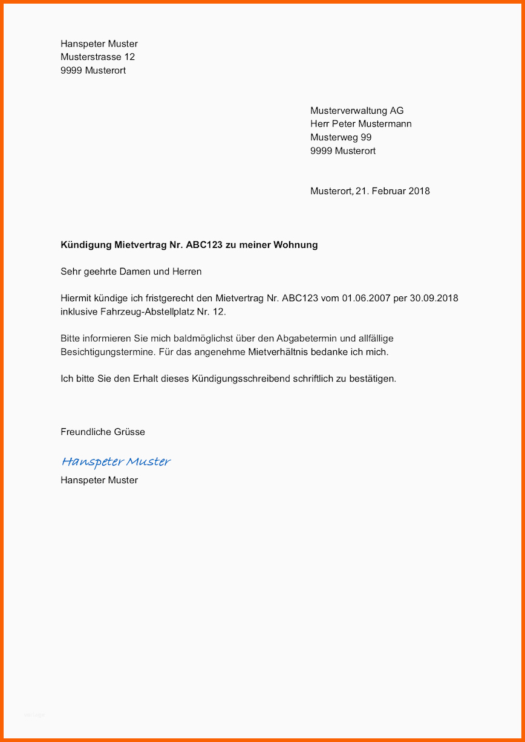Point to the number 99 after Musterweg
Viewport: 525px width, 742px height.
pos(366,137)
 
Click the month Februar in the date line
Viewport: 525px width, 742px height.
pos(388,191)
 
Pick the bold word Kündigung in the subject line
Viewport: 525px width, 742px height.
pos(86,245)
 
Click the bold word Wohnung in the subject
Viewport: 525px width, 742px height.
pos(296,245)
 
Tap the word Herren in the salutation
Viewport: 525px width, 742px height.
pos(187,272)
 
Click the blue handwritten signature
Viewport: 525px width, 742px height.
pos(116,462)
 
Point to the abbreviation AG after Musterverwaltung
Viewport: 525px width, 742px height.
pos(397,111)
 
